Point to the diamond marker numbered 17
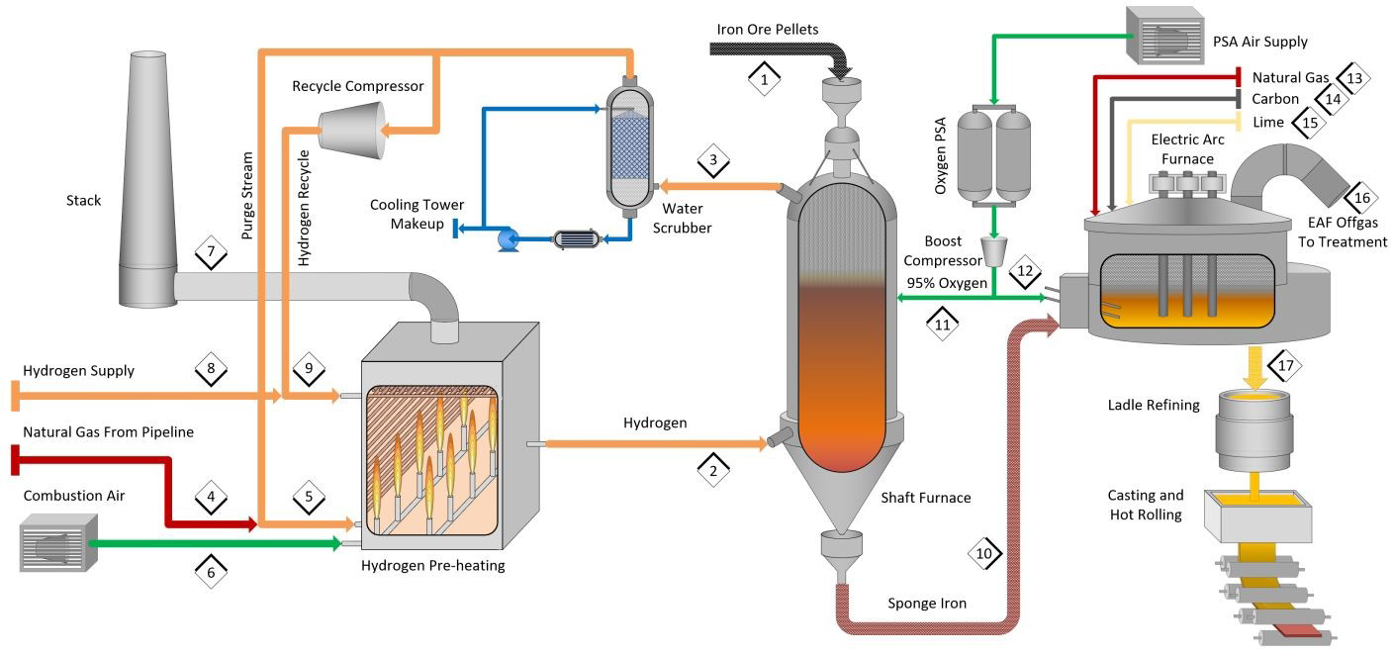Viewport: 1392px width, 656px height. [1286, 365]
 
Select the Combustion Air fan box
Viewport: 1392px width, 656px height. [58, 545]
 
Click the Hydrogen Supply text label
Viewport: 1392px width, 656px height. [78, 371]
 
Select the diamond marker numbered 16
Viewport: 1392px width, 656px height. [1361, 197]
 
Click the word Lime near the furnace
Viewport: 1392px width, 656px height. [1268, 123]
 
